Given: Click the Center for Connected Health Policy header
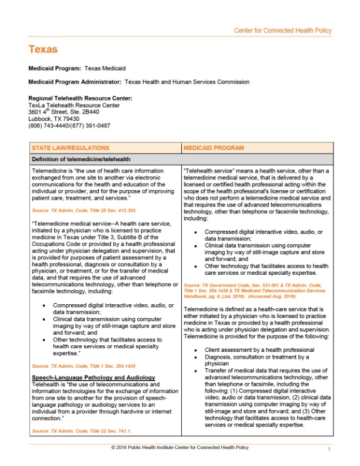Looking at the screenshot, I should coord(283,30).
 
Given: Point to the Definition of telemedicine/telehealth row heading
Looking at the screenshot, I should coord(81,159).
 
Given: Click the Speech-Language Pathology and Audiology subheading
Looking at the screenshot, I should coord(94,377).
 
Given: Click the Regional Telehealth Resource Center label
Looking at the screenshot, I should coord(80,98).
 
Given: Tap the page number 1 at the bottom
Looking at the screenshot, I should coord(329,450).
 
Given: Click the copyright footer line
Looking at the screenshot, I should coord(179,448).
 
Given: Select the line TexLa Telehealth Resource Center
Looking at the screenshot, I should coord(74,105).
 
